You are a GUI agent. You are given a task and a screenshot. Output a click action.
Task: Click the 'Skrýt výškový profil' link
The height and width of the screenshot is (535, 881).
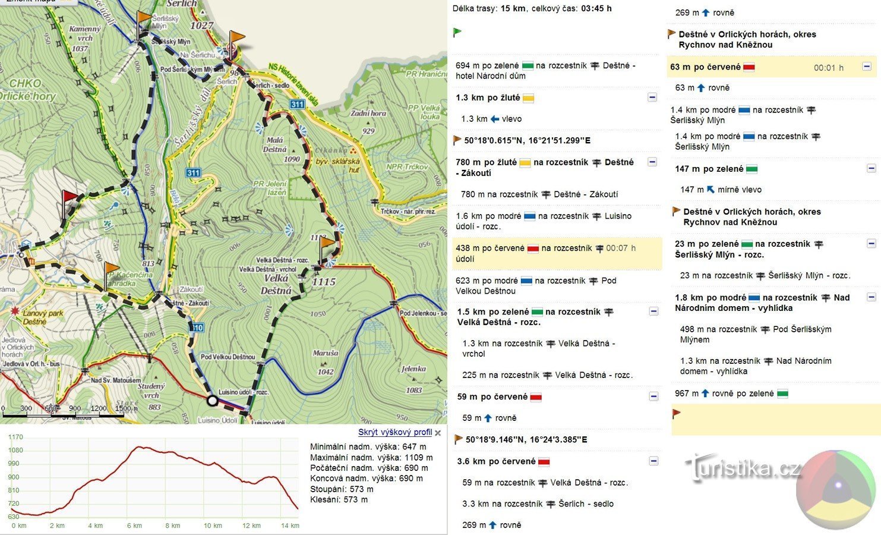tap(394, 432)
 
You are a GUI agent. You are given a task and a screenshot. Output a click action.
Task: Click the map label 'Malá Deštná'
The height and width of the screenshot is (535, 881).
tap(274, 145)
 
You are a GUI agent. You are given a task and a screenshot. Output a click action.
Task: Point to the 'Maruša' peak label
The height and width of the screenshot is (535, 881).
tap(325, 353)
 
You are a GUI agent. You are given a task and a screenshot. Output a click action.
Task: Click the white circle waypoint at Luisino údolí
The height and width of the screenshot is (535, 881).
tap(212, 401)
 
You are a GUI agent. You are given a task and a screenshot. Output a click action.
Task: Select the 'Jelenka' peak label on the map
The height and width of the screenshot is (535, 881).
tap(413, 369)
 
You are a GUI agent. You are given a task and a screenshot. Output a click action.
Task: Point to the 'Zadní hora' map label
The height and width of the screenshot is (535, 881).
tap(368, 113)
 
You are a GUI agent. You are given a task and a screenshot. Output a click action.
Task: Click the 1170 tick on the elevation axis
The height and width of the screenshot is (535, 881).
tap(15, 437)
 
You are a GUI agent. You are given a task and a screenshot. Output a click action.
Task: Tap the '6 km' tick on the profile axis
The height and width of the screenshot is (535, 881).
tap(134, 525)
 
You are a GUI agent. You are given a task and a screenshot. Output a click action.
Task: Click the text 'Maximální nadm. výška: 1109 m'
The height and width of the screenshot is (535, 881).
tap(371, 458)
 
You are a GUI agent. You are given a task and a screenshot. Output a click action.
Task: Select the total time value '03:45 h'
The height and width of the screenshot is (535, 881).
tap(596, 8)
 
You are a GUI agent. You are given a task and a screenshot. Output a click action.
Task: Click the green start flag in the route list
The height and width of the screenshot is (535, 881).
tap(457, 32)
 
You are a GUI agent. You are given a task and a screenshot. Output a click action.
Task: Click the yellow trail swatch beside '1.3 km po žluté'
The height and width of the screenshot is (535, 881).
tap(528, 98)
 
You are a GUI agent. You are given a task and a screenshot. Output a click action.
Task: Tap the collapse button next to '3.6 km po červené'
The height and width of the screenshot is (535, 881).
tap(653, 461)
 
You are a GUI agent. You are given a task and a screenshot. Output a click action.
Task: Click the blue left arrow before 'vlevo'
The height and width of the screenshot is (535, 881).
tap(494, 119)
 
